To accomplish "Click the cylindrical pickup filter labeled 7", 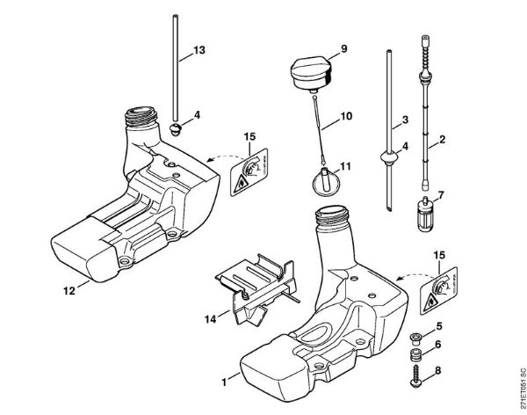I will tap(423, 214).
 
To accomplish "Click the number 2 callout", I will tap(442, 138).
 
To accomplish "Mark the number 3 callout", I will tap(405, 119).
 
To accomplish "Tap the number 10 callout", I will tap(345, 115).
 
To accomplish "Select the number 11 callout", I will tap(346, 164).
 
